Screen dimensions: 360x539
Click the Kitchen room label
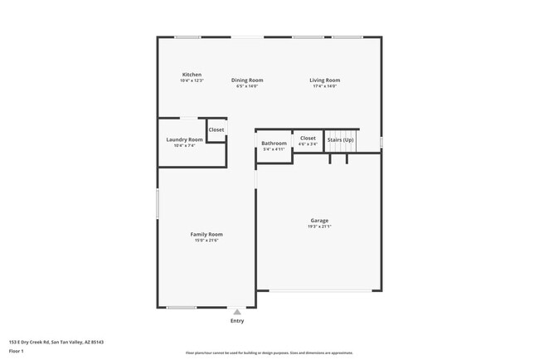click(192, 75)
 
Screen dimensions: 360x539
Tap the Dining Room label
click(247, 80)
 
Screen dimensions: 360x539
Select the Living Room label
click(325, 80)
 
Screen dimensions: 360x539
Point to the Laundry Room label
click(184, 139)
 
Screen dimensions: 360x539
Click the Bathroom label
click(274, 144)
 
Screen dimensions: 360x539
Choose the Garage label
click(319, 221)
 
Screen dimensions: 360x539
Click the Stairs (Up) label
click(341, 140)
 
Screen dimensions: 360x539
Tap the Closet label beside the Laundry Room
click(216, 130)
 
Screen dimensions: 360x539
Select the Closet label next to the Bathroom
click(308, 138)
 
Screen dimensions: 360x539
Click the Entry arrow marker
click(237, 312)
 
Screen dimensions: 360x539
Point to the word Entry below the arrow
click(237, 321)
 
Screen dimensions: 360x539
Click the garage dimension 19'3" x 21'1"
click(319, 226)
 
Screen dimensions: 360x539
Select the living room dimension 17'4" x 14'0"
click(325, 85)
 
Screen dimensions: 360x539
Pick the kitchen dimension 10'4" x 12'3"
click(192, 80)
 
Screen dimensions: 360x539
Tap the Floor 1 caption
click(17, 352)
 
